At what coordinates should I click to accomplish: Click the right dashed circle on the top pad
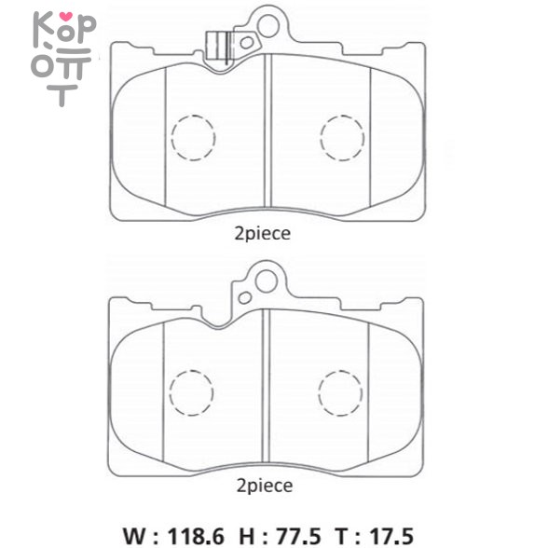pos(342,137)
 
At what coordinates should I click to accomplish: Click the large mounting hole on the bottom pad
pos(270,277)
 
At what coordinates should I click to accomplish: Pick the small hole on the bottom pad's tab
pos(244,297)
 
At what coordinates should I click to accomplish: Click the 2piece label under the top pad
pos(264,234)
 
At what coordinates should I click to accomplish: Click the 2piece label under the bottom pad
pos(264,486)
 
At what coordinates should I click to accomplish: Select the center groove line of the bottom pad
pos(267,382)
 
